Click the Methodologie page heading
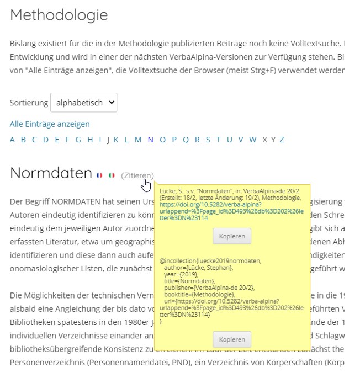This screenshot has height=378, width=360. [x=59, y=15]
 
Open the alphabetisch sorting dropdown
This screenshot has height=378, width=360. [x=84, y=103]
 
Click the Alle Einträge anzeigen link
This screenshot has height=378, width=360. [x=50, y=124]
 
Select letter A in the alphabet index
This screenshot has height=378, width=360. [x=13, y=140]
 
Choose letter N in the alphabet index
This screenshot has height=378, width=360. [x=150, y=140]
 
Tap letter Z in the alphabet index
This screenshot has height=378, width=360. [x=282, y=140]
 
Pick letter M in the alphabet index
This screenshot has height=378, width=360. [x=138, y=140]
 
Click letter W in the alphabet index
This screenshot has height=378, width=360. [x=252, y=140]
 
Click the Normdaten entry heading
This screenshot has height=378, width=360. [x=51, y=173]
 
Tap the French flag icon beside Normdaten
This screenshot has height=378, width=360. [x=99, y=175]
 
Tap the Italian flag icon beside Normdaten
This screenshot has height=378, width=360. [x=112, y=175]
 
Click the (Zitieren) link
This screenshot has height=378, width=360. [x=137, y=175]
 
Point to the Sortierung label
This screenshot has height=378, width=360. [x=28, y=103]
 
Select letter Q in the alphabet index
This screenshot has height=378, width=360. [x=186, y=140]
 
